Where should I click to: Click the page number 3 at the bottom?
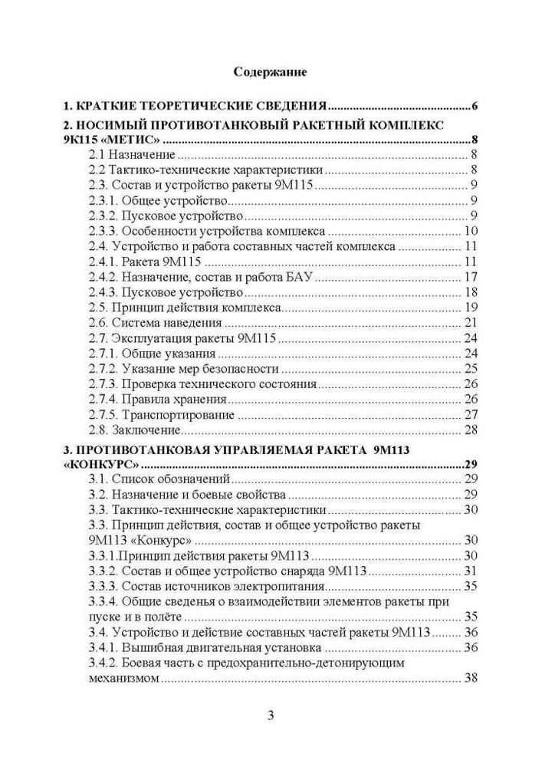(x=271, y=716)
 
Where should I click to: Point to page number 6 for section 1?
(x=475, y=105)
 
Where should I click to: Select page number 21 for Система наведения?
(x=471, y=322)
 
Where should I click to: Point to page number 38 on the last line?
(x=471, y=678)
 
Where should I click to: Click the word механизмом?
(x=123, y=678)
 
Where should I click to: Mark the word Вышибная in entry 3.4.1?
(x=153, y=647)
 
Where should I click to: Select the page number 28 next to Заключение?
(x=471, y=429)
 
